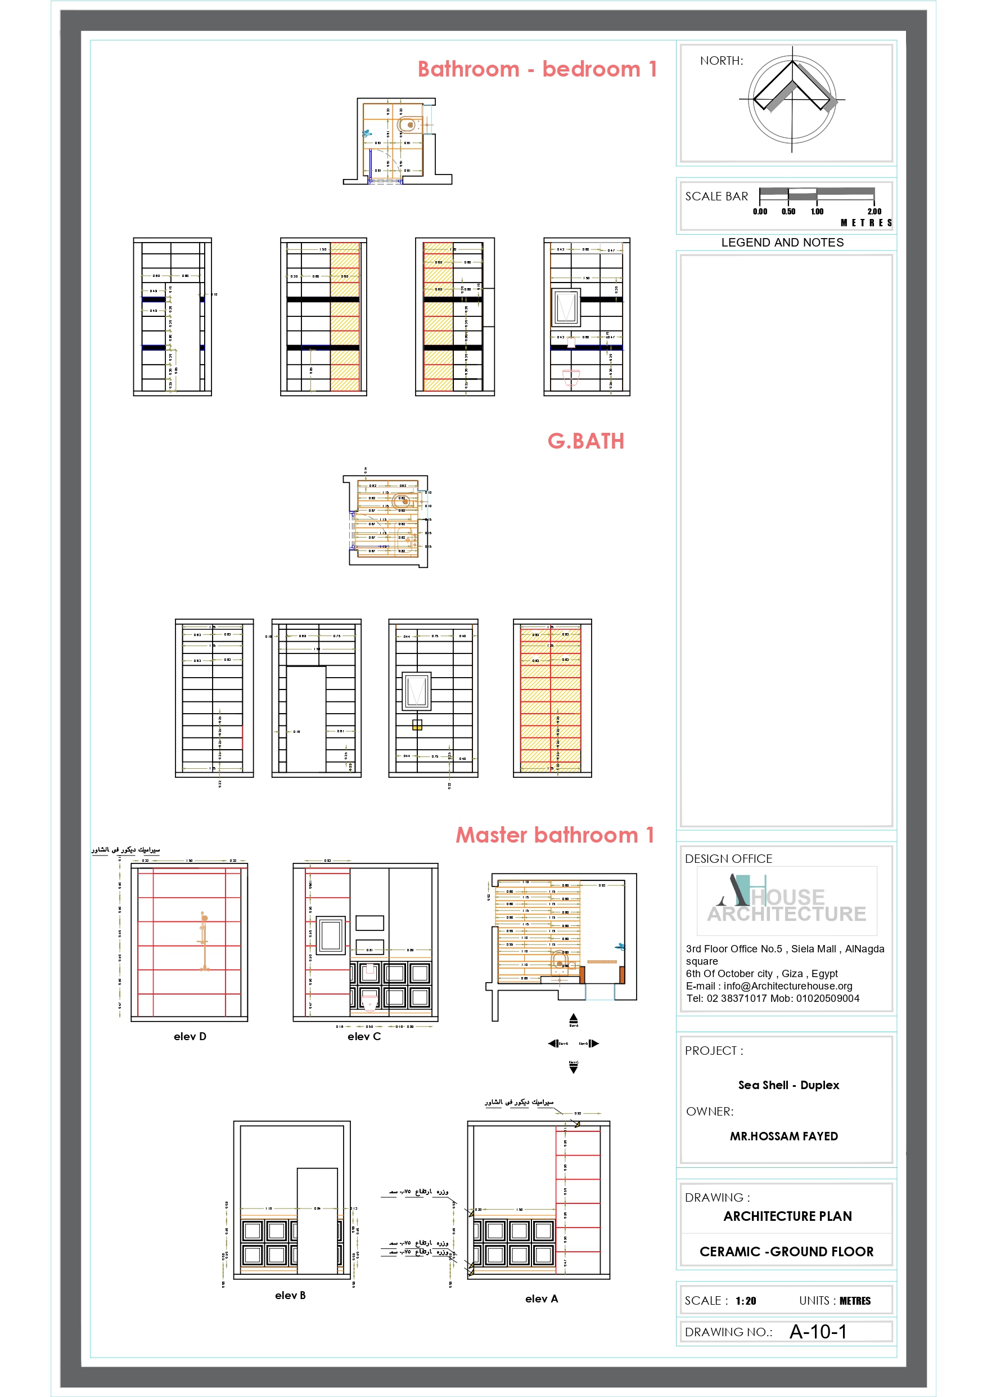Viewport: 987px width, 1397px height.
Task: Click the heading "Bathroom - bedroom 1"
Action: point(537,69)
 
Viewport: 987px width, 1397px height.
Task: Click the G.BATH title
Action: point(585,441)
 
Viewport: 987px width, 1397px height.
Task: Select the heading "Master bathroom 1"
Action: point(555,835)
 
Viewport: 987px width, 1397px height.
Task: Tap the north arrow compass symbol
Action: point(792,98)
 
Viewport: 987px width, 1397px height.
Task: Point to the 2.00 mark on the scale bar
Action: point(874,211)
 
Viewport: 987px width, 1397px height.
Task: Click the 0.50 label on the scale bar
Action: point(788,211)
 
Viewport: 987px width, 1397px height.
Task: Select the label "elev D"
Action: point(190,1036)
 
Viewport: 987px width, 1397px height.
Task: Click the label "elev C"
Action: point(364,1036)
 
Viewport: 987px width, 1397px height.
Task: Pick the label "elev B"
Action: point(290,1295)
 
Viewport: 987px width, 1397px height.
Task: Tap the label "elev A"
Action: point(541,1299)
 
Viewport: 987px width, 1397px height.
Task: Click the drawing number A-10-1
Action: point(817,1332)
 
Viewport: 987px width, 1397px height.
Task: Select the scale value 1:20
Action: point(745,1301)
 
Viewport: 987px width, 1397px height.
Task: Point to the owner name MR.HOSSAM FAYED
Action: point(783,1136)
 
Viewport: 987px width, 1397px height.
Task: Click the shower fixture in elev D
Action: point(204,941)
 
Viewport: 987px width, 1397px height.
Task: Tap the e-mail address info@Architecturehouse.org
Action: point(787,986)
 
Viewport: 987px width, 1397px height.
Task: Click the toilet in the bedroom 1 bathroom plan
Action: point(407,125)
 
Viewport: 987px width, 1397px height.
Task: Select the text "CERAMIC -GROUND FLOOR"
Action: point(786,1252)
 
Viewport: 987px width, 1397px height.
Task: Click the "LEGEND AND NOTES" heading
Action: point(782,242)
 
